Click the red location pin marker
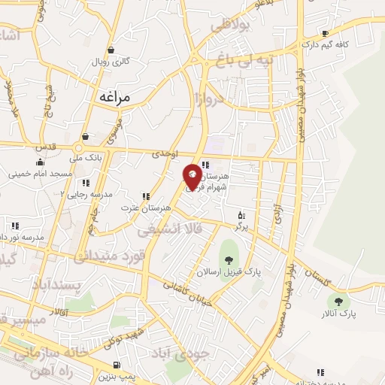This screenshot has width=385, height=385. pos(192,176)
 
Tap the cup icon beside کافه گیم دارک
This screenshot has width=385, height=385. pos(325,33)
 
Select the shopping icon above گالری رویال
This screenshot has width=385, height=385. pos(111,50)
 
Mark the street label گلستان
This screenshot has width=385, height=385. pos(329,278)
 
